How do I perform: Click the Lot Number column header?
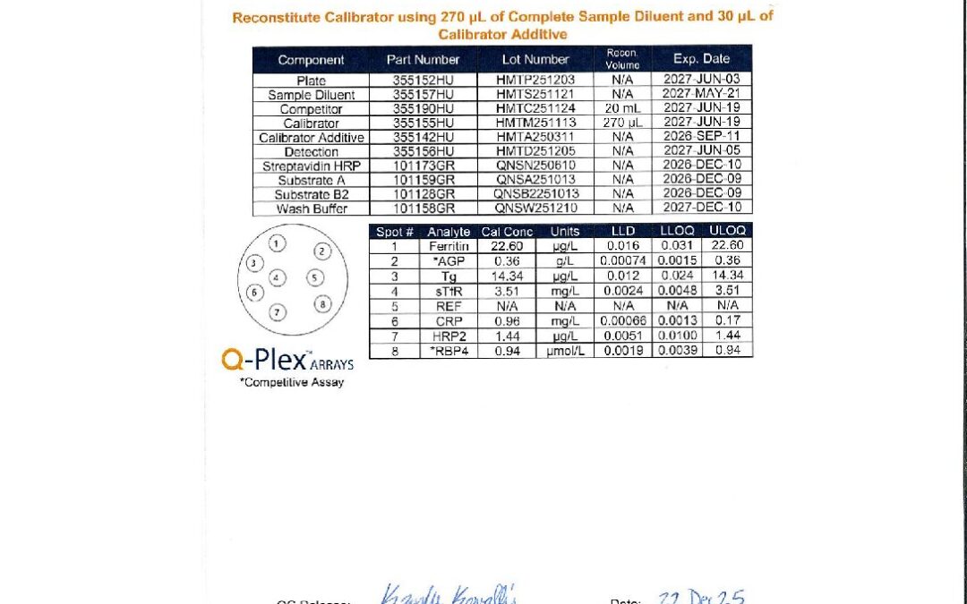535,59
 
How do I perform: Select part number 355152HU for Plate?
423,80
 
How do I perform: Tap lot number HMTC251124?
535,108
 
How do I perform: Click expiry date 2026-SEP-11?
701,137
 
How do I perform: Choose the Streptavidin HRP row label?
311,166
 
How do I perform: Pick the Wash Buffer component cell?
311,208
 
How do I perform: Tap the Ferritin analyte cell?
449,246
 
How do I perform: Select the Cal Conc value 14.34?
507,275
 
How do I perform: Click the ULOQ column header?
727,231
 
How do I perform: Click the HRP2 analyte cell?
449,335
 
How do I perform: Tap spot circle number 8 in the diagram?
323,304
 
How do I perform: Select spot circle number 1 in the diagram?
278,242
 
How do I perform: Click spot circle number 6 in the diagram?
254,292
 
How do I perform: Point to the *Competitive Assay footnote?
291,382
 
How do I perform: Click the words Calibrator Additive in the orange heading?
502,34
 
